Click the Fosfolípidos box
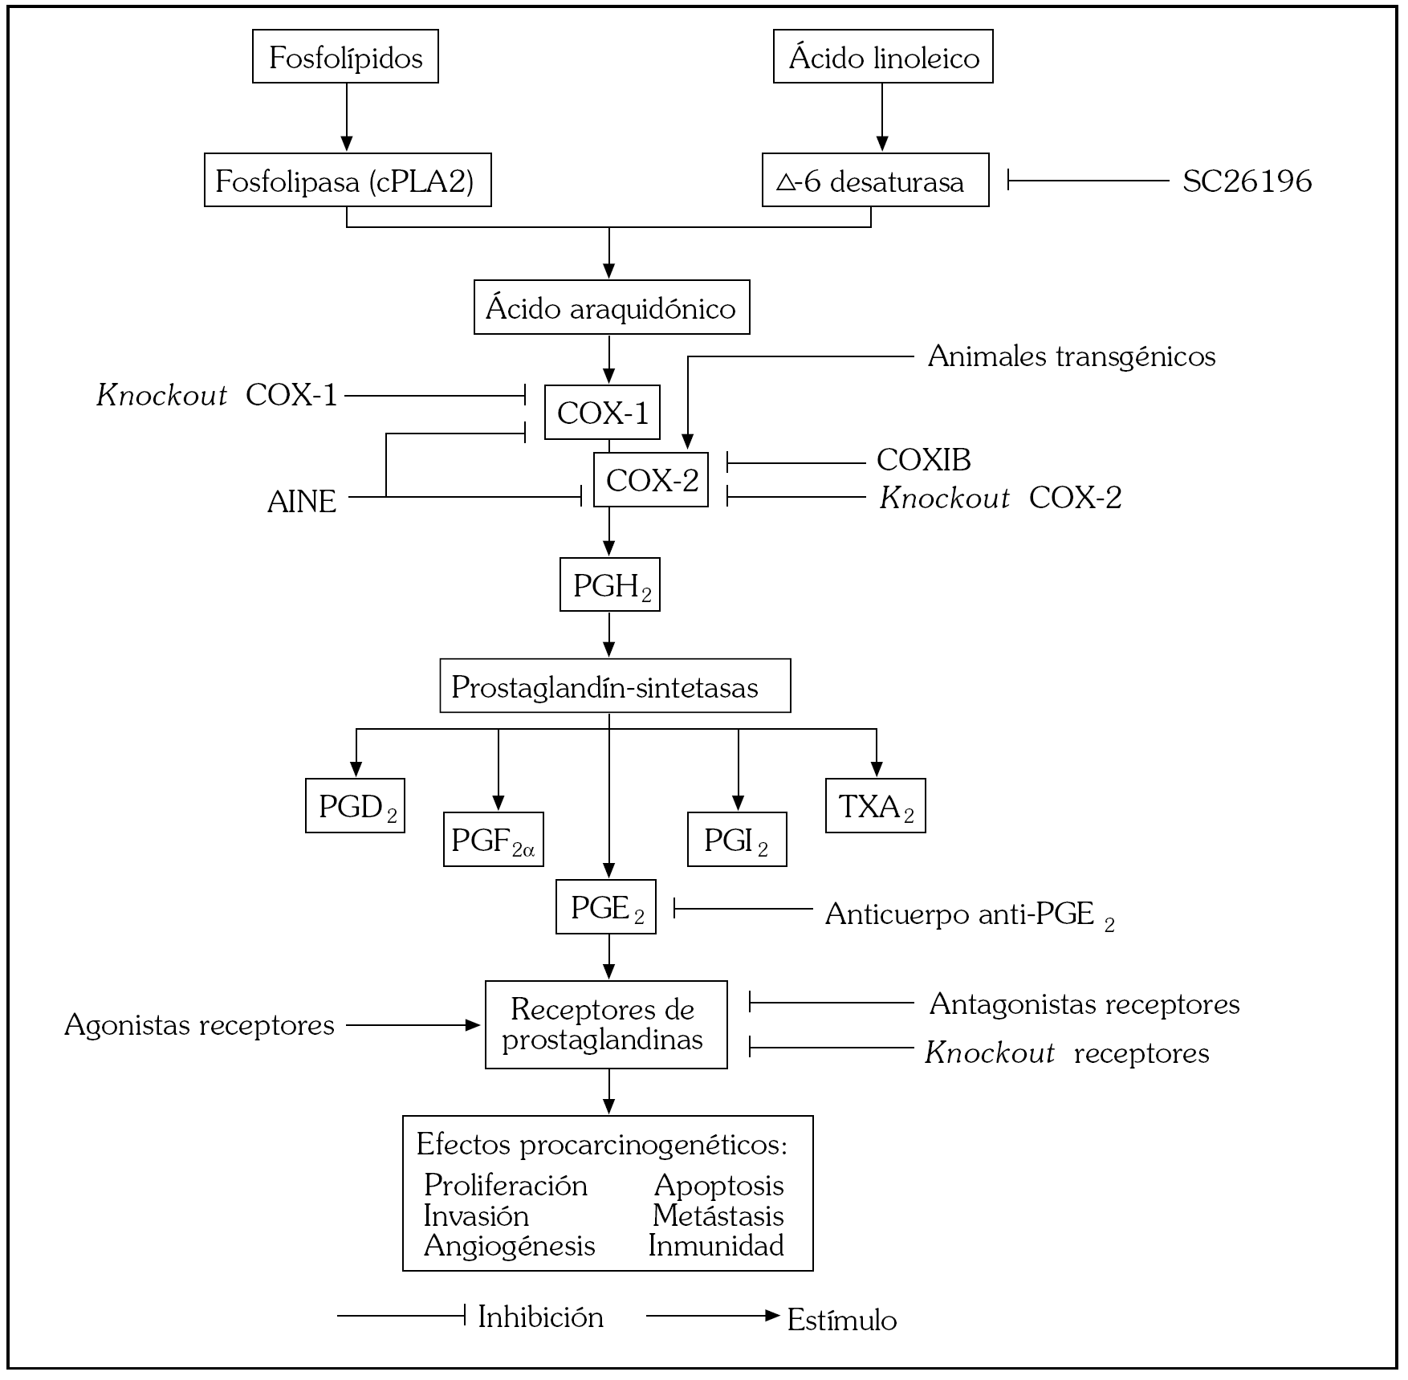(345, 57)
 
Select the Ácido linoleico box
(883, 57)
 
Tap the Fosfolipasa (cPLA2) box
(347, 181)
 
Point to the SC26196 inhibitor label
(1247, 181)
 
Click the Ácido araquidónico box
(611, 307)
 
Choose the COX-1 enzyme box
(602, 413)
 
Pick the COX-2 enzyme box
(651, 480)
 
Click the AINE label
(302, 502)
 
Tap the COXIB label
(923, 460)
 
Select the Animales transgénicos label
(1071, 356)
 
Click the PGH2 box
(610, 585)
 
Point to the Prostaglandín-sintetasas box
(615, 686)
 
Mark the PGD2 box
(355, 806)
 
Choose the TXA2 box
(875, 806)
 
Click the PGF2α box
(493, 840)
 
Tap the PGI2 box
(737, 840)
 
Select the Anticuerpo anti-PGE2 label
(968, 914)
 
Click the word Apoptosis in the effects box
(718, 1185)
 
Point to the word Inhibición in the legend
(540, 1317)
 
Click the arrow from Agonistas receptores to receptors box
(413, 1025)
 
